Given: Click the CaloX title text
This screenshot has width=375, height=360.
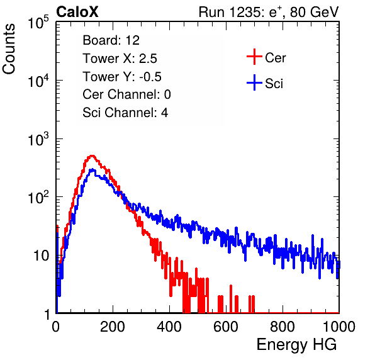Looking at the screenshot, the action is (77, 12).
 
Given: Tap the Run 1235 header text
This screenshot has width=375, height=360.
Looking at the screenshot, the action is (269, 12).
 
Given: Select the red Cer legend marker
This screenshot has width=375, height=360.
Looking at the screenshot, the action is (254, 57).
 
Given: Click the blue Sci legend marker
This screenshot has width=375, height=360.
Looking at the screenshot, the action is (254, 82).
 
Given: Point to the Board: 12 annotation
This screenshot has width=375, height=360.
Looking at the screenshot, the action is (111, 40).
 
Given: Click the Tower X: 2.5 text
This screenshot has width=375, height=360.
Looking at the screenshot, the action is (120, 59).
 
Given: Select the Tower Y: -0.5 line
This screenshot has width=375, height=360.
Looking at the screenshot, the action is (122, 77).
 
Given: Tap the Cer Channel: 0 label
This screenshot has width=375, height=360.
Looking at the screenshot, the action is (126, 94).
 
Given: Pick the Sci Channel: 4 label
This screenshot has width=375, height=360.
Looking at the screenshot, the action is (125, 113).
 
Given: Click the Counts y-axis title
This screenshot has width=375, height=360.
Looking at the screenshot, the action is (9, 49).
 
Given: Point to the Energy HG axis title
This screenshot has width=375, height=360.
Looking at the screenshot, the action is (296, 344).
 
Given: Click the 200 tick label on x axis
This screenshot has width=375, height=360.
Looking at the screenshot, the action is (113, 326).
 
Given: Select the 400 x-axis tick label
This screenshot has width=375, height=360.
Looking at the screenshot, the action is (169, 326).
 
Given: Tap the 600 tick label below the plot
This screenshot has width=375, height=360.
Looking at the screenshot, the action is (226, 326).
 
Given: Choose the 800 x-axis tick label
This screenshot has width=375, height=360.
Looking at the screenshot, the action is (283, 326).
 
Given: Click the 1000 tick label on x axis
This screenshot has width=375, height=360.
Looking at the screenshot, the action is (339, 326).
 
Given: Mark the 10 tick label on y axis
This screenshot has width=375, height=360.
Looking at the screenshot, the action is (42, 256).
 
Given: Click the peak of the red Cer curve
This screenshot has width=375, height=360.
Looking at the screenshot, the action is (92, 155).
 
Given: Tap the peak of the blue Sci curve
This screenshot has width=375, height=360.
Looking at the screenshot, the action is (92, 169).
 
